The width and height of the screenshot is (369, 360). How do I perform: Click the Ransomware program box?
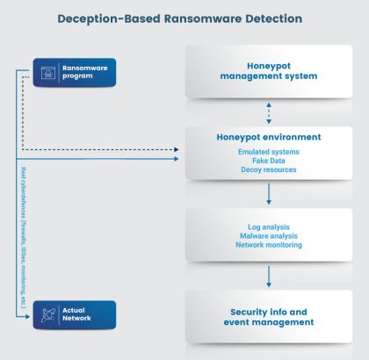coord(75,71)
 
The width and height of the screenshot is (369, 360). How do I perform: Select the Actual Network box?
coord(75,313)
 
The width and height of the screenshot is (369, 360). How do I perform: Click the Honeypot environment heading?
coord(269,137)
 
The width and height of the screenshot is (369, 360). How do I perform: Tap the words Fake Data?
coord(269,160)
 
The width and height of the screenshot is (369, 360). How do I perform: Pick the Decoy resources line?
coord(269,169)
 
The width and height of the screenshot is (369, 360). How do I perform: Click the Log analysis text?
coord(269,226)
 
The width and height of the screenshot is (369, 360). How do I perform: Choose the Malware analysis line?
coord(269,235)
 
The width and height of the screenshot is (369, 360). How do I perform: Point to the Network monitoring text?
coord(269,245)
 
